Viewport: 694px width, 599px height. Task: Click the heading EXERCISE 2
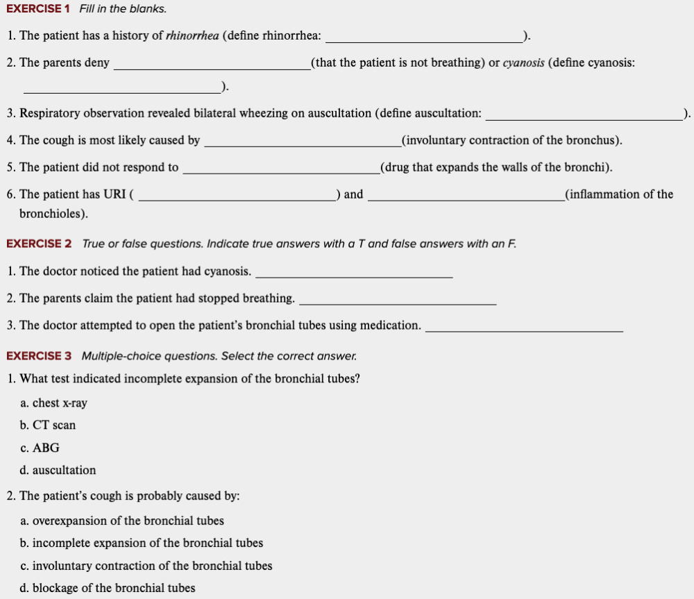[39, 244]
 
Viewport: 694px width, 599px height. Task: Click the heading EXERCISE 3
[39, 356]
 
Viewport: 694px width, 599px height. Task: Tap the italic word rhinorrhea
[193, 36]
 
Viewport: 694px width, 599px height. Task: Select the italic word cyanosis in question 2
[523, 63]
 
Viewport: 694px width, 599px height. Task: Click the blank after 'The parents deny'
[212, 67]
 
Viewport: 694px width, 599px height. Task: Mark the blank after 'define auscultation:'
[584, 117]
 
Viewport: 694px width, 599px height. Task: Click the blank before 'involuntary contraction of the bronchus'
[302, 144]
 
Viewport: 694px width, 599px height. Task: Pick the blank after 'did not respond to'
[280, 171]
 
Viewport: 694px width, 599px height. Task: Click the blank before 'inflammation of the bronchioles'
[466, 199]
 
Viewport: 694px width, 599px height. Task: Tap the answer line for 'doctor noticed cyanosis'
[354, 276]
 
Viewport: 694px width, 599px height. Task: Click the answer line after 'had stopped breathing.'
[397, 303]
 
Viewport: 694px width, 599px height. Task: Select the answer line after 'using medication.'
[523, 330]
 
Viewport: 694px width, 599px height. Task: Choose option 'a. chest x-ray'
[54, 403]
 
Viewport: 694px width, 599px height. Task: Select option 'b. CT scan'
[48, 425]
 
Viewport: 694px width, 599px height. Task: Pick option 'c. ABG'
[40, 448]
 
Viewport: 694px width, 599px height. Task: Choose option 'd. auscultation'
[58, 471]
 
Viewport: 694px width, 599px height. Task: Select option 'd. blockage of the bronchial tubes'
[108, 589]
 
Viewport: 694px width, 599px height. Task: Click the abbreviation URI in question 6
[115, 194]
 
